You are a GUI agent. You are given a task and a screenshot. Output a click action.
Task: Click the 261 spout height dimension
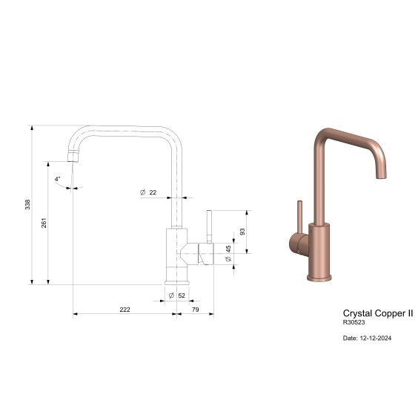pyautogui.click(x=44, y=222)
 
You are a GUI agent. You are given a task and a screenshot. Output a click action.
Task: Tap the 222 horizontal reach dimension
pyautogui.click(x=125, y=309)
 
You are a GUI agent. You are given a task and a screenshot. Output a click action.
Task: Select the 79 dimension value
pyautogui.click(x=195, y=309)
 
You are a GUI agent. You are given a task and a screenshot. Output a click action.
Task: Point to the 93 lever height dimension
pyautogui.click(x=242, y=232)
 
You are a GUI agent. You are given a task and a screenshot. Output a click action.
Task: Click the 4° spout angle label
pyautogui.click(x=58, y=179)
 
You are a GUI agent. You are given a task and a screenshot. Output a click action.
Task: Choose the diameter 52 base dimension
pyautogui.click(x=177, y=296)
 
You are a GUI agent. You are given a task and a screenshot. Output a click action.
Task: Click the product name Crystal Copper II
pyautogui.click(x=377, y=313)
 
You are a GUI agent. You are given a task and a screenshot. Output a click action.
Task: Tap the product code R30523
pyautogui.click(x=355, y=323)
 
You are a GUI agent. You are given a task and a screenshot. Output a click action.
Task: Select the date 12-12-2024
pyautogui.click(x=367, y=338)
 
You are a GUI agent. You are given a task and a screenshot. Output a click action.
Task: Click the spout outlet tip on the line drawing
pyautogui.click(x=72, y=157)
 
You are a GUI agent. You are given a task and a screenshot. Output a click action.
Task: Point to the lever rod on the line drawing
pyautogui.click(x=209, y=226)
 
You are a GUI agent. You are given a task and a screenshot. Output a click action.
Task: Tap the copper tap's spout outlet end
pyautogui.click(x=383, y=174)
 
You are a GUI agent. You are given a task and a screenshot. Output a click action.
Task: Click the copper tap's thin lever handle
pyautogui.click(x=300, y=215)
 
